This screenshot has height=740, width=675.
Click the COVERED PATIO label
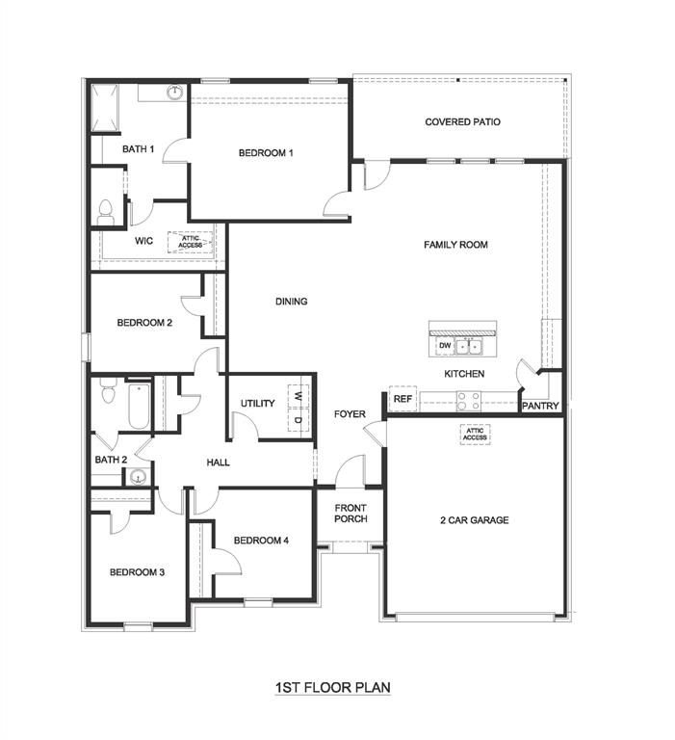pos(462,122)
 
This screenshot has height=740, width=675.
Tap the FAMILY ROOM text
pos(455,245)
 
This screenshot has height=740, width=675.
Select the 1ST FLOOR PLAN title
pos(332,687)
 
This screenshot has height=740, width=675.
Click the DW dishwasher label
pos(444,345)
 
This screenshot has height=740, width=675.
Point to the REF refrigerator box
pos(402,398)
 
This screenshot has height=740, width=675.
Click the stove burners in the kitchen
pos(468,398)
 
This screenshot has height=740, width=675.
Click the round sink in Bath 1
pos(174,92)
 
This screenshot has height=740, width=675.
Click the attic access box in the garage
pos(475,435)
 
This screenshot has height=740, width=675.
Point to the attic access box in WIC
pos(191,242)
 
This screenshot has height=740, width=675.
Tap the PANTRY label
pos(540,407)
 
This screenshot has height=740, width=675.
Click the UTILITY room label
pos(258,404)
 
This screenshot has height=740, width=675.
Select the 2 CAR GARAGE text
pos(474,520)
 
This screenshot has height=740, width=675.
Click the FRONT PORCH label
pos(350,514)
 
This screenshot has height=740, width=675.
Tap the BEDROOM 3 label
pos(137,572)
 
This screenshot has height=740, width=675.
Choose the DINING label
pos(291,302)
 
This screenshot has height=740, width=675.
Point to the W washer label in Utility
pos(299,396)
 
